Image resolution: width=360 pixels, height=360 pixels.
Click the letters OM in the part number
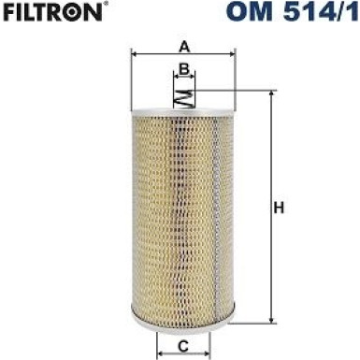(250, 13)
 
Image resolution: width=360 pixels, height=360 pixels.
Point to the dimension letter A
(184, 45)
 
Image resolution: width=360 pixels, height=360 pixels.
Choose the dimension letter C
(184, 347)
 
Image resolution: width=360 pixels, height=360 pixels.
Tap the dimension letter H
(278, 208)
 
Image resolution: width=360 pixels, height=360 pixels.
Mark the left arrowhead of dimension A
(135, 55)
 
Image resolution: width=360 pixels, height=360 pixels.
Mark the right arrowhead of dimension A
(232, 55)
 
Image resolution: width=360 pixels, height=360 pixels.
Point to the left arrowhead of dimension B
(176, 78)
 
